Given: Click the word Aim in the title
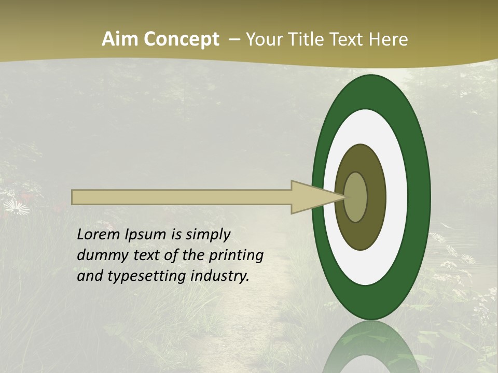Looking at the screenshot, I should coord(120,39).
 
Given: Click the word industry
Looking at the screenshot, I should coord(220,277).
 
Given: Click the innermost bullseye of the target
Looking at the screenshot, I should coord(356,197).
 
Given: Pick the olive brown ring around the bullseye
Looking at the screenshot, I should coord(376,197).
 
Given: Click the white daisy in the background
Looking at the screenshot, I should coord(16,208).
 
